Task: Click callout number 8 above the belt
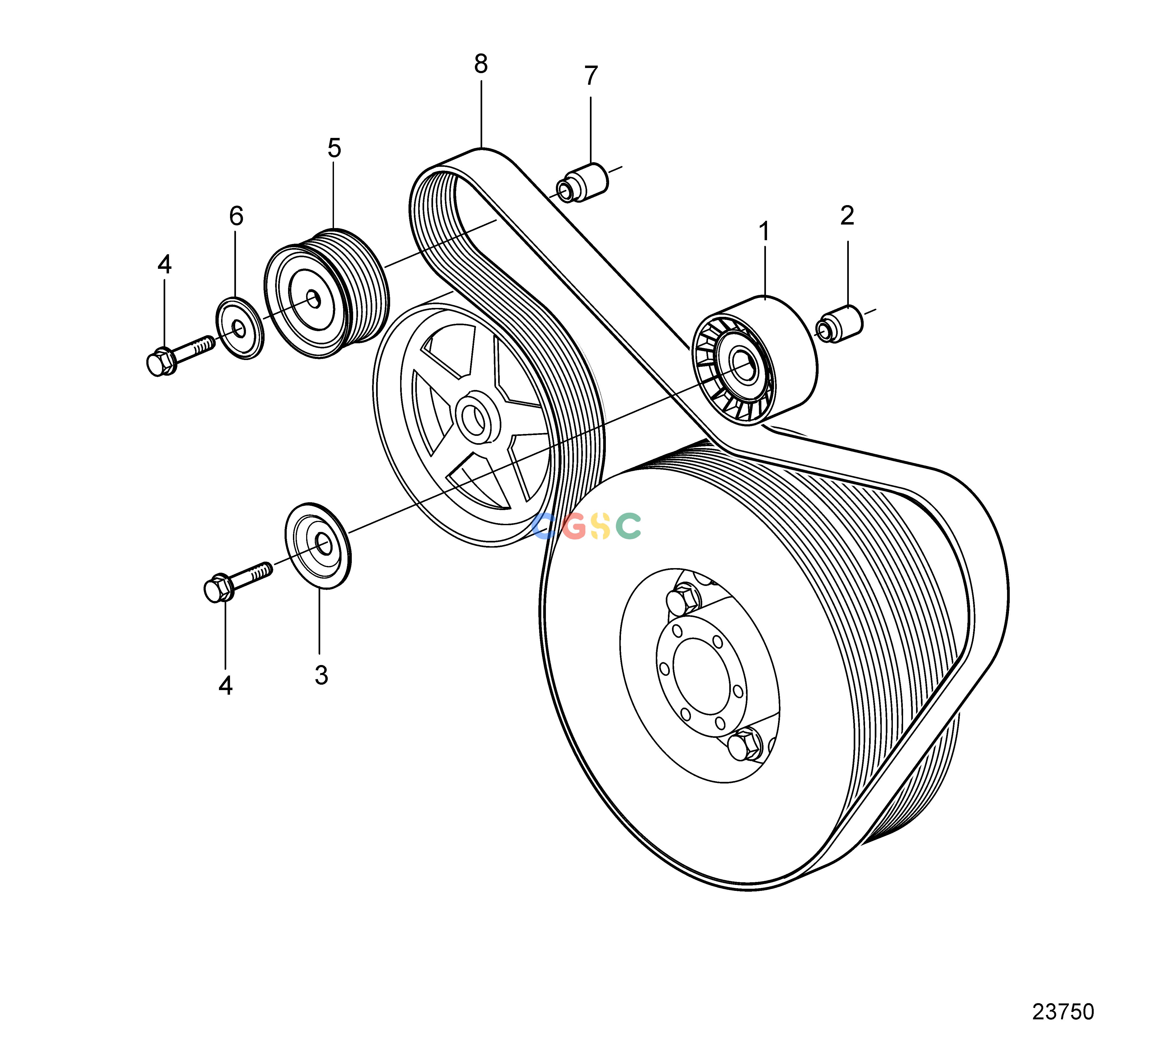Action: pyautogui.click(x=481, y=64)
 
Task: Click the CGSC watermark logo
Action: pyautogui.click(x=586, y=525)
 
